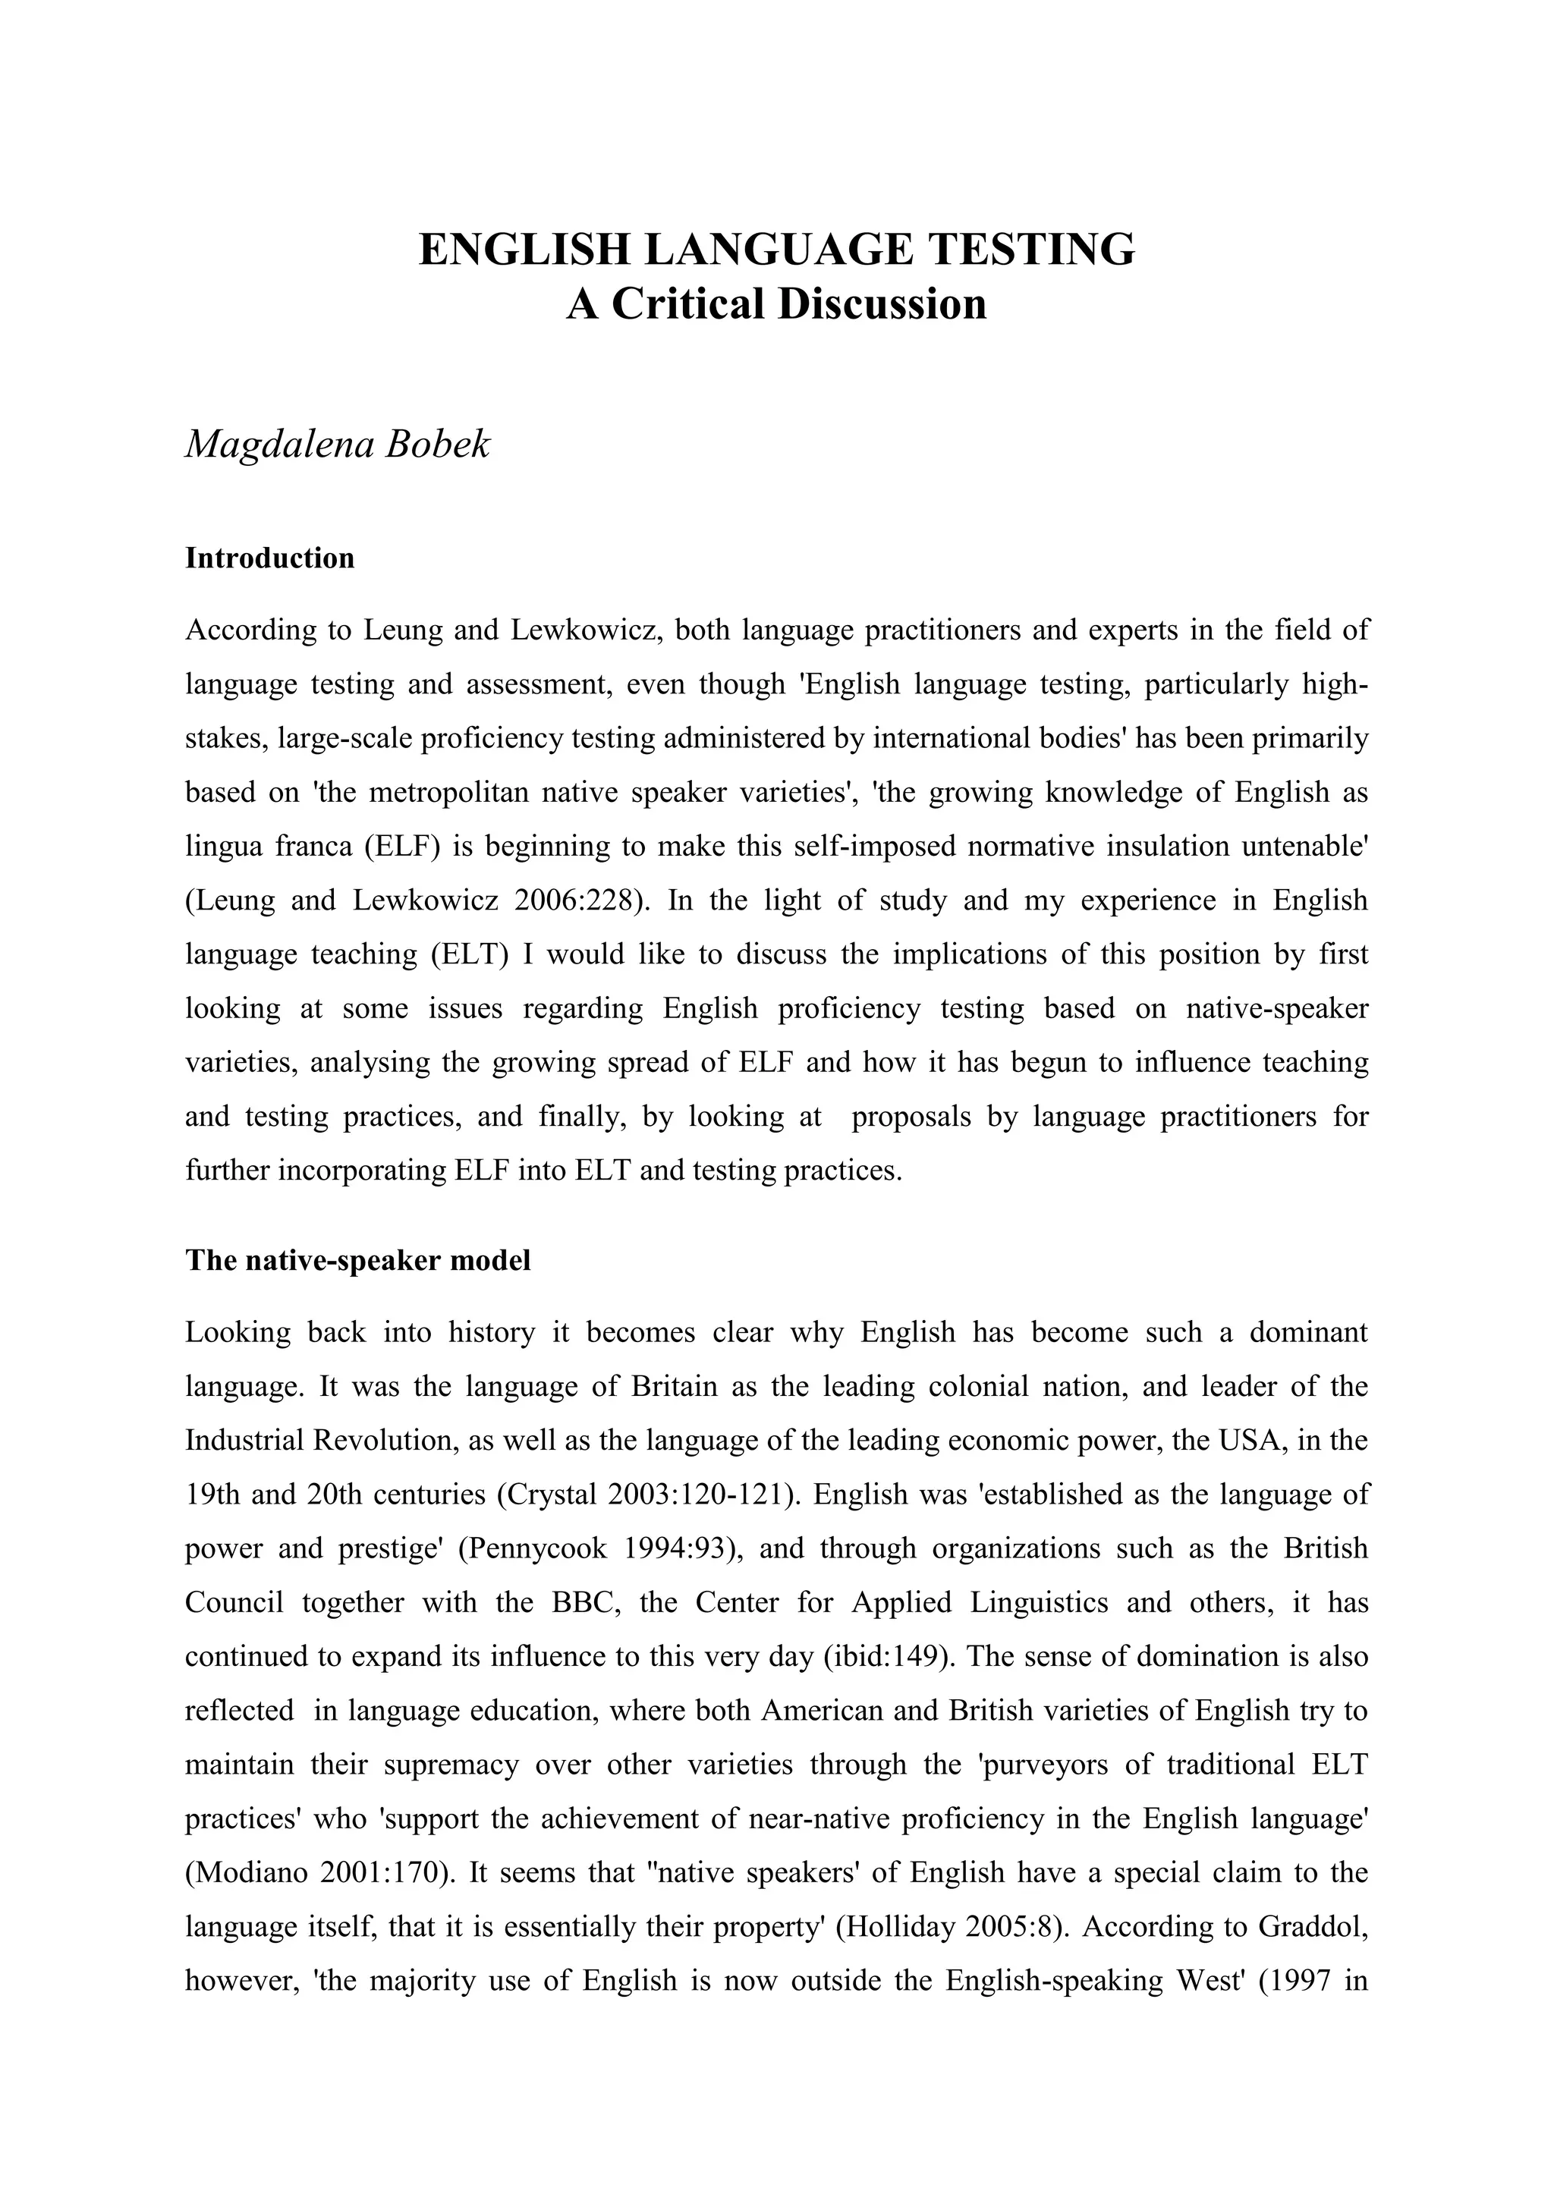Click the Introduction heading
tap(270, 558)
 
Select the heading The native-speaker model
tap(358, 1260)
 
